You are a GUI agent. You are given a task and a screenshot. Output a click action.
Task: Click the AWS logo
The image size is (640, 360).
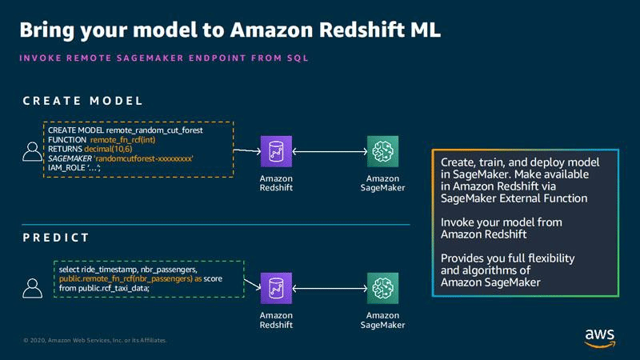[x=599, y=336]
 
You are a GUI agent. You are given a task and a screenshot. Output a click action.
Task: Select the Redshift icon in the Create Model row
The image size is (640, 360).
[x=275, y=150]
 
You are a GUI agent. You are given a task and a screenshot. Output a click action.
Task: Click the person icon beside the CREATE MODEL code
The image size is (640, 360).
[x=32, y=150]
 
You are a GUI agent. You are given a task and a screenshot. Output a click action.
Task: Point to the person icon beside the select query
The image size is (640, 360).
[x=32, y=286]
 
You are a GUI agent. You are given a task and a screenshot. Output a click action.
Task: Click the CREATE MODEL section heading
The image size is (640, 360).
[x=82, y=102]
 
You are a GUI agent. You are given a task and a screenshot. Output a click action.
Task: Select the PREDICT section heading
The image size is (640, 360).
[x=55, y=238]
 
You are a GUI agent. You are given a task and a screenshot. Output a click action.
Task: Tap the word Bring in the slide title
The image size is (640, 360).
[x=50, y=31]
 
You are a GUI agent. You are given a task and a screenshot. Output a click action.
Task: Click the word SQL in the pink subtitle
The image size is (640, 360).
[x=296, y=58]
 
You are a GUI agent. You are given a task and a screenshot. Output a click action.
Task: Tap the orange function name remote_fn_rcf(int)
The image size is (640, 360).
[x=128, y=139]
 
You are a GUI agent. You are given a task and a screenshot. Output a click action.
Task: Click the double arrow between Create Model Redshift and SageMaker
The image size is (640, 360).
[x=329, y=150]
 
